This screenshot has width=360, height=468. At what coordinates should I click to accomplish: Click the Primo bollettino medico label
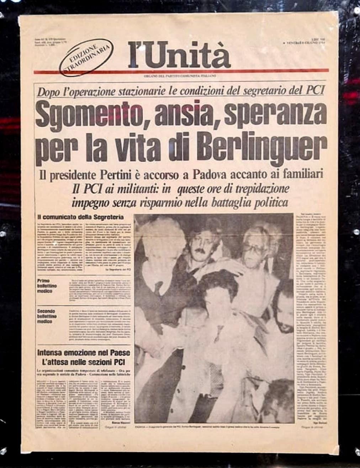coord(47,286)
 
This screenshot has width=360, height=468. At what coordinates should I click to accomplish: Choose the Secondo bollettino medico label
coord(47,316)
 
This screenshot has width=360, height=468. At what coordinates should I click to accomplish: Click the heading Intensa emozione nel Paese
coord(84,353)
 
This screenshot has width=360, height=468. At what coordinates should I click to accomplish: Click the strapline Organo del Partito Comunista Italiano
coord(180,76)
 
